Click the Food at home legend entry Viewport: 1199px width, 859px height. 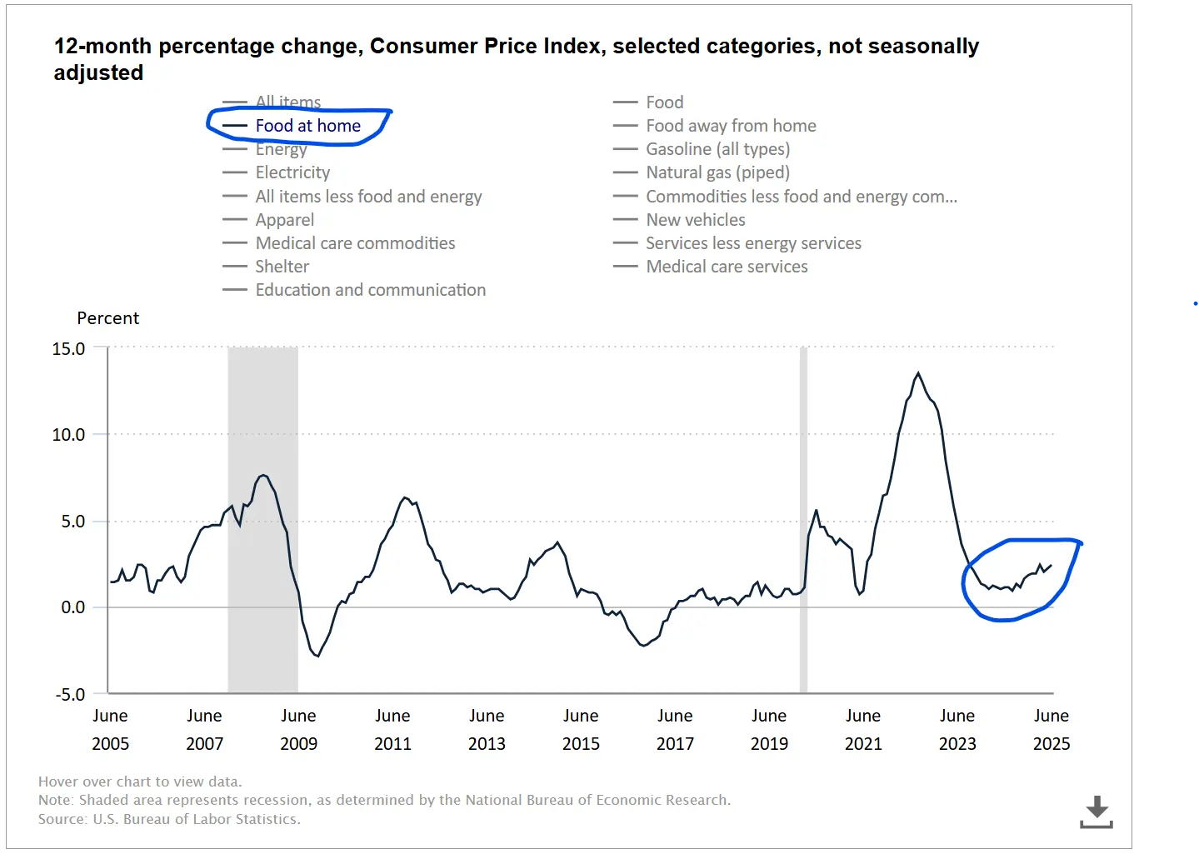(x=307, y=126)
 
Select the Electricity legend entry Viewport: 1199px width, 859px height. (x=292, y=172)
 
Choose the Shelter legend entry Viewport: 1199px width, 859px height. (x=282, y=267)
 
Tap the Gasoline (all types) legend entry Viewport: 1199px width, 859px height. (x=717, y=149)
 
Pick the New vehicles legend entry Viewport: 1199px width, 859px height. (x=695, y=220)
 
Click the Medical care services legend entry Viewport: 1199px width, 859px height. (x=727, y=267)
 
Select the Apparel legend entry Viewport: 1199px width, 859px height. (x=284, y=220)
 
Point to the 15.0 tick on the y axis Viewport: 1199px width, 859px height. (x=68, y=348)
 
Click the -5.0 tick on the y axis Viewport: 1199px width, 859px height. (x=70, y=694)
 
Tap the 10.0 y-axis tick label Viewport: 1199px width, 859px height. (x=68, y=434)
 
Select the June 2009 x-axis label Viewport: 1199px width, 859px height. (x=298, y=729)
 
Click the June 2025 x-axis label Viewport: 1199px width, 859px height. (x=1051, y=729)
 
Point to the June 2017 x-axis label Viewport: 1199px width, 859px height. (x=675, y=729)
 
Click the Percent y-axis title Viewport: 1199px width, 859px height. (x=107, y=318)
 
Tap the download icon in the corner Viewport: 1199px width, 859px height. (x=1097, y=812)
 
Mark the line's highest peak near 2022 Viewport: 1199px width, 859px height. (x=918, y=373)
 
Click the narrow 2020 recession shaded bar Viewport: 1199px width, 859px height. (x=803, y=517)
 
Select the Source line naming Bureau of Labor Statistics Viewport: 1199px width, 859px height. (x=169, y=819)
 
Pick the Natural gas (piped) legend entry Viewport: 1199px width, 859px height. (x=717, y=172)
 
